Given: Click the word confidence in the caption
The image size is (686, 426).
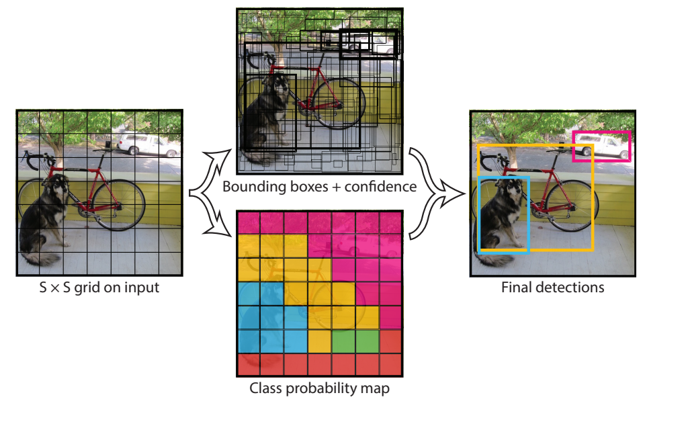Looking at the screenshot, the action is [x=380, y=187].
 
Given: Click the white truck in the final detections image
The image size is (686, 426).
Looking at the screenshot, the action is [x=602, y=146].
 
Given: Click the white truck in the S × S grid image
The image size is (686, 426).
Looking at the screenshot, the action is [x=148, y=144].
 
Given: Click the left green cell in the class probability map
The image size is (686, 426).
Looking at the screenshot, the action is [x=343, y=341].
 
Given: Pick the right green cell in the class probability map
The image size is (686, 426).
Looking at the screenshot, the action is [x=367, y=341].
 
